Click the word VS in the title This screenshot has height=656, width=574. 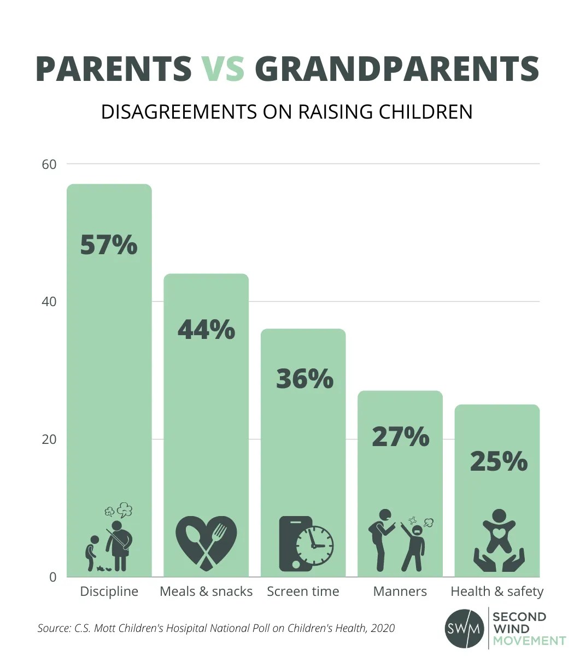224,69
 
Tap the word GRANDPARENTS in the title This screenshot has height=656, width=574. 397,69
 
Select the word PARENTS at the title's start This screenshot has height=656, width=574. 114,69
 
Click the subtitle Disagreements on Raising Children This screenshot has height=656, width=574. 286,112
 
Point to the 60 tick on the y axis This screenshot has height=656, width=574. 49,164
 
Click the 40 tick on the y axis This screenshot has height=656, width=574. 49,302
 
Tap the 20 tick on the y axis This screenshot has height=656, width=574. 49,440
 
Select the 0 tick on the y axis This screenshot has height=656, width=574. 53,577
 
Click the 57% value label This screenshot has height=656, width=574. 109,245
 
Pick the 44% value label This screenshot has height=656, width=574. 206,330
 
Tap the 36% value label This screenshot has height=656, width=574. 304,379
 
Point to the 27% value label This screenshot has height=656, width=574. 400,437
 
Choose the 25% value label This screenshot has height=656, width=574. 498,461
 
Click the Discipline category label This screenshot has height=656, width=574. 109,591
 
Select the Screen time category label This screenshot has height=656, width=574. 303,591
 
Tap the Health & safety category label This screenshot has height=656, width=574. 497,591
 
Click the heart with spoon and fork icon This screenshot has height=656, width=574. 206,543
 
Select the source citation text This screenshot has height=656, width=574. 216,628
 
